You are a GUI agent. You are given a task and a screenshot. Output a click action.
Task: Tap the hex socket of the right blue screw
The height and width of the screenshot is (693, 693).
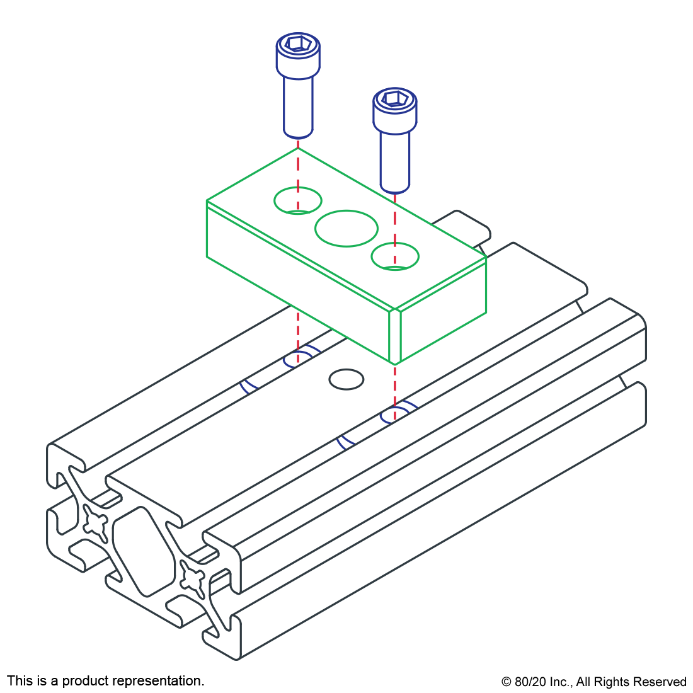394,98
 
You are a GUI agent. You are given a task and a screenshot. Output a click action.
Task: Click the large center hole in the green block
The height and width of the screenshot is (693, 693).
346,228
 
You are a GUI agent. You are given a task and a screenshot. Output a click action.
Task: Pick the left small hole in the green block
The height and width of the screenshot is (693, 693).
297,200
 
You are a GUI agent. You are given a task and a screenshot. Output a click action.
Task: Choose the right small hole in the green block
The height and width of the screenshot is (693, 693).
395,256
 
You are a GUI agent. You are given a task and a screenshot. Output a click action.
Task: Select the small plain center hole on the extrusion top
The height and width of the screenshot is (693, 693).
346,379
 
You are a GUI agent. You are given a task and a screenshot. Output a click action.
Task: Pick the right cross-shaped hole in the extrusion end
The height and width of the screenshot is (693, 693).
192,578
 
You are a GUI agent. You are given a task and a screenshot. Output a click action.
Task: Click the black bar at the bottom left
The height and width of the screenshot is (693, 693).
105,682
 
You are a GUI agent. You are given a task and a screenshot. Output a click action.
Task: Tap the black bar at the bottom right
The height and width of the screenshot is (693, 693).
593,683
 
